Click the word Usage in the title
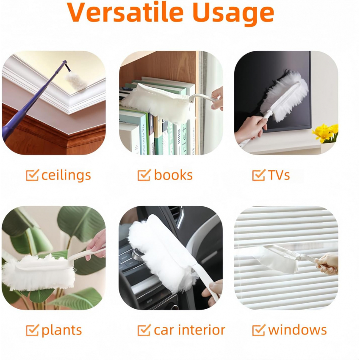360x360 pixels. click(x=233, y=14)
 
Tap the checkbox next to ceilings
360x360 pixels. click(x=32, y=175)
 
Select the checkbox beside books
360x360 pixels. click(x=144, y=175)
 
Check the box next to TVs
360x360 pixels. click(x=259, y=175)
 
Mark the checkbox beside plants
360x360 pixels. click(x=32, y=330)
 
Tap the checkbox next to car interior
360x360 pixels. click(x=144, y=330)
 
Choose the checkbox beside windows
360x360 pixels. click(x=259, y=330)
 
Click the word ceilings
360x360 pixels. click(x=66, y=176)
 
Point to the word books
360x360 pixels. click(x=173, y=175)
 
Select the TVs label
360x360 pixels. click(x=279, y=175)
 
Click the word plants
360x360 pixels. click(x=61, y=331)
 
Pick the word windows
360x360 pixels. click(x=297, y=330)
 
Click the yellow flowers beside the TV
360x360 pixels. click(x=326, y=133)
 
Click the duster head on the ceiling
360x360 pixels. click(x=76, y=81)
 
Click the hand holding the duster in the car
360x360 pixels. click(x=212, y=292)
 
